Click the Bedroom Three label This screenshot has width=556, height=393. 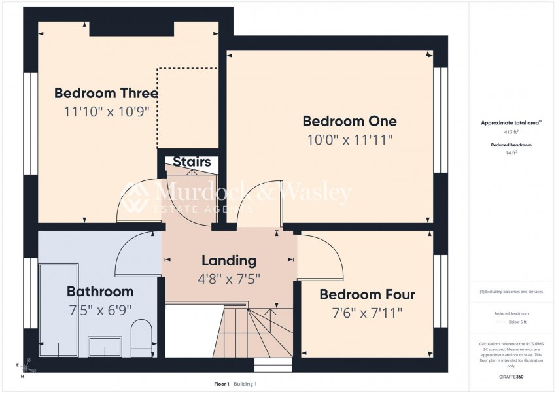click(106, 93)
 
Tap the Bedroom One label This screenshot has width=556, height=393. click(349, 121)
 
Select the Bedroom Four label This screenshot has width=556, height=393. click(367, 295)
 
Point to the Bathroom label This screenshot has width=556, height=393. click(100, 292)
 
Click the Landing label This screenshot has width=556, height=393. click(229, 260)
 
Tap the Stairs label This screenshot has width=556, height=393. click(192, 162)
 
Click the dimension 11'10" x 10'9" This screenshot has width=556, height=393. click(107, 111)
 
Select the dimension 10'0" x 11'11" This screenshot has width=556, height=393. click(349, 139)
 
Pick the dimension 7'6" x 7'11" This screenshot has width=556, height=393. click(367, 313)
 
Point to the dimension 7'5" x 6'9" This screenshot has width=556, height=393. click(100, 310)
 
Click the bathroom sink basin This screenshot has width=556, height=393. click(105, 347)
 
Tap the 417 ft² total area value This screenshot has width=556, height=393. click(506, 132)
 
